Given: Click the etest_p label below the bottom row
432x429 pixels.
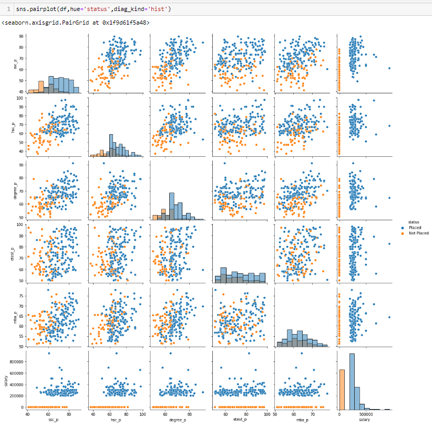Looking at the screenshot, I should (x=239, y=421).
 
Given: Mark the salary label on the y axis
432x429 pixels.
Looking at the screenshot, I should (x=7, y=378).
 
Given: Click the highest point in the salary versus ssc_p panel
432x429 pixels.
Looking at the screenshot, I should (x=49, y=353).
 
